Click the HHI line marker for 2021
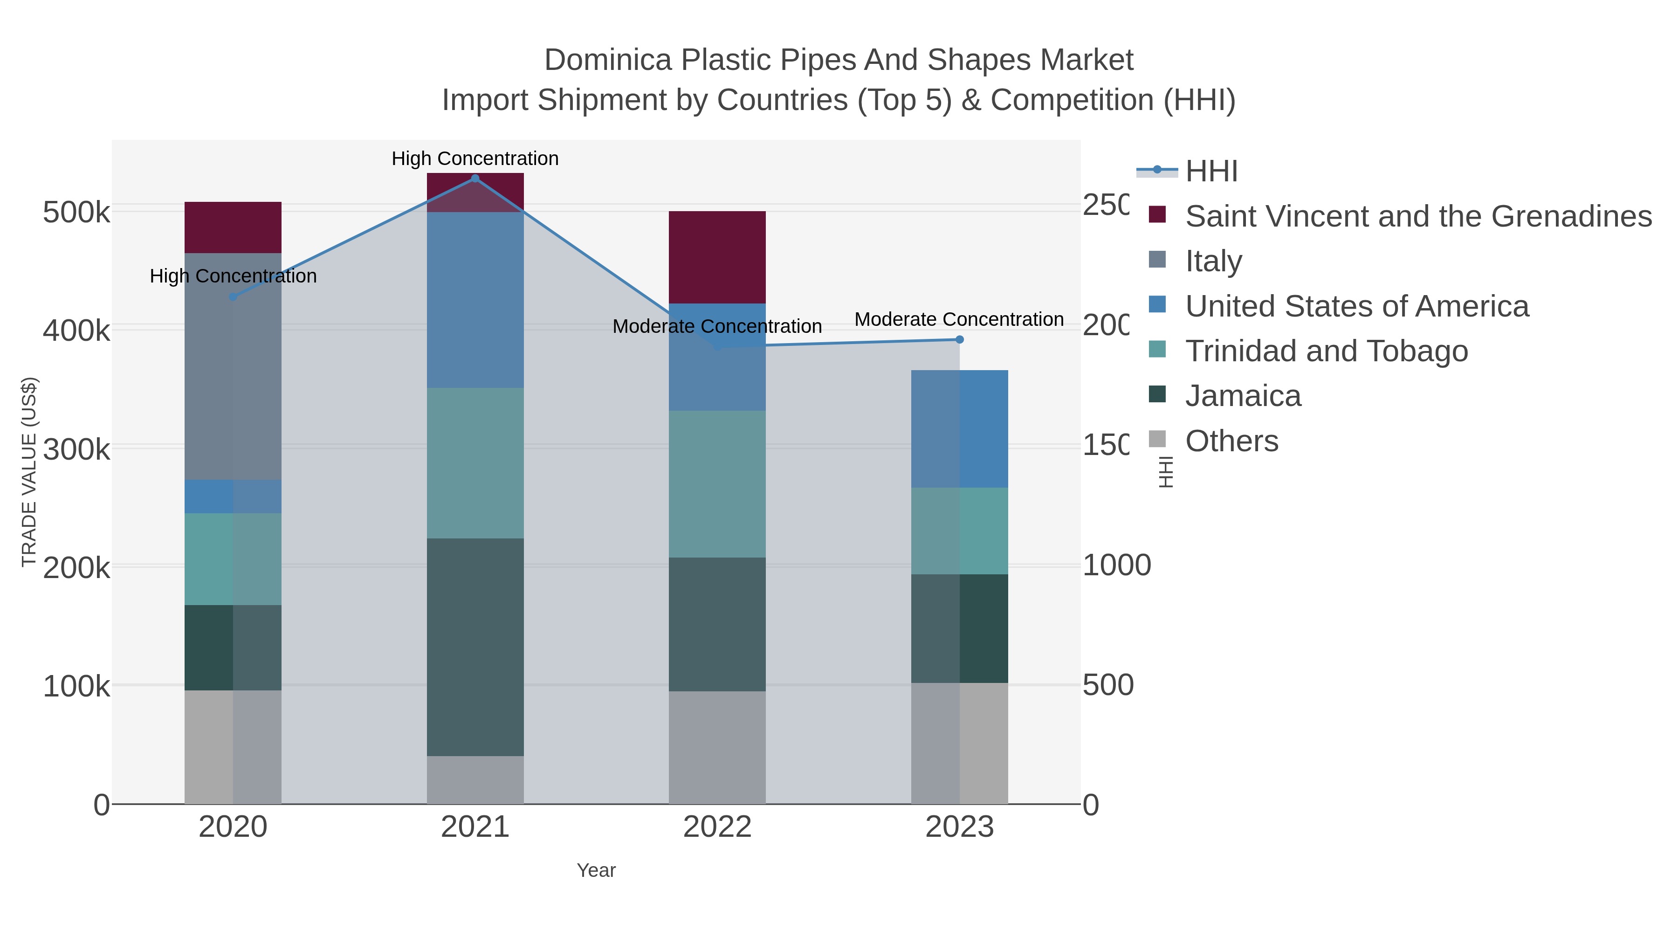tap(475, 179)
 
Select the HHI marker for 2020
tap(233, 297)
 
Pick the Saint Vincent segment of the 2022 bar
tap(717, 257)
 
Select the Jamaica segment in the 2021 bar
tap(475, 647)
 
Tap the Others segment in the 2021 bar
tap(475, 780)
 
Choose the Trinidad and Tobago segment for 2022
tap(717, 484)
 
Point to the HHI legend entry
tap(1211, 172)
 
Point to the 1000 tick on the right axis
tap(1116, 565)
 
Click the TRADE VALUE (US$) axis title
tap(28, 472)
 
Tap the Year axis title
tap(596, 870)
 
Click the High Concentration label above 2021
tap(475, 158)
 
